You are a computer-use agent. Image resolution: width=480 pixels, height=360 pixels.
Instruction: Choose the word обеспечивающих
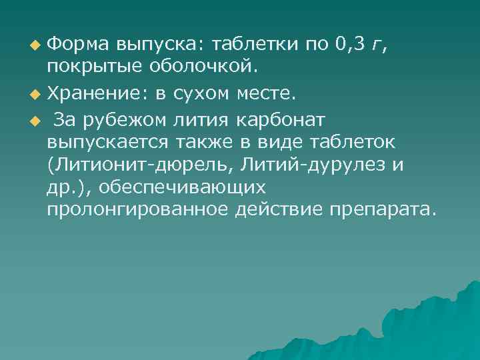[184, 188]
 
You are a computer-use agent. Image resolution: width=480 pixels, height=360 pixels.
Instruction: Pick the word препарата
[381, 211]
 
